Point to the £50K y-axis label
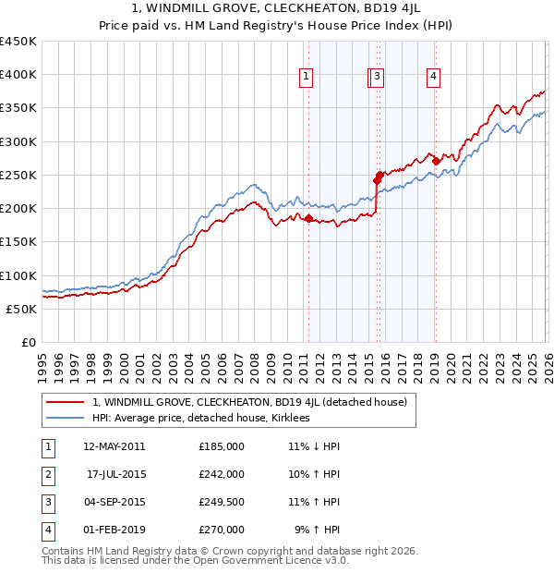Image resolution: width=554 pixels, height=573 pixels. coord(21,309)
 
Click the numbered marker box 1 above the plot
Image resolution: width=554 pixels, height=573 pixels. coord(307,77)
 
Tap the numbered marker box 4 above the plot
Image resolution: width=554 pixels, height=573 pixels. coord(433,77)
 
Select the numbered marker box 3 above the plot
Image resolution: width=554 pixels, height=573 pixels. coord(379,77)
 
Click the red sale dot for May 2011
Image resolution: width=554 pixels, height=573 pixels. coord(308,219)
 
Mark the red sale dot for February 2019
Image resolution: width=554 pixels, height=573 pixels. coord(435,162)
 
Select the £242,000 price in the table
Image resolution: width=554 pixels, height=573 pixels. coord(222,474)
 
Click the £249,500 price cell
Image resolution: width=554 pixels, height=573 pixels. coord(222,502)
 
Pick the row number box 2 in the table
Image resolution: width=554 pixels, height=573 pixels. coord(47,474)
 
